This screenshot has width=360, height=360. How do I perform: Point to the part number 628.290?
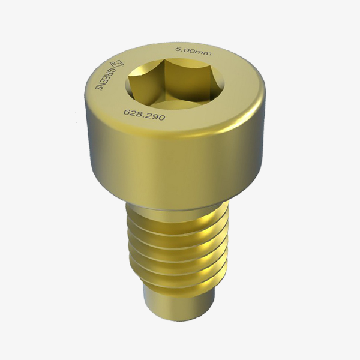[x=144, y=115]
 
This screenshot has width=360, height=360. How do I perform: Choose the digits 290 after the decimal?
[x=155, y=117]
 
